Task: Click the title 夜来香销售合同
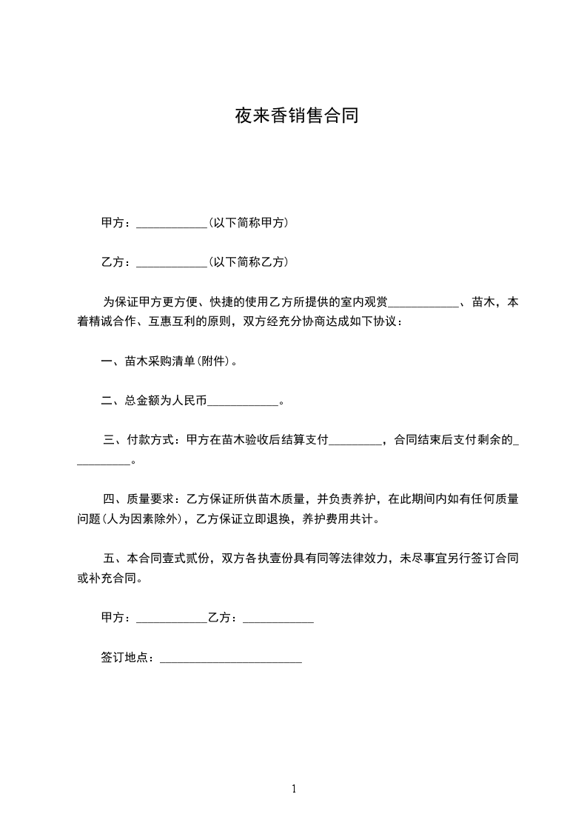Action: click(296, 116)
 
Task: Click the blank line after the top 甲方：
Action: click(172, 224)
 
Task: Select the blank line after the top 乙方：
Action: click(172, 263)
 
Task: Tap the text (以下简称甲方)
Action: click(249, 223)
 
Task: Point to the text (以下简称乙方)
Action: click(249, 262)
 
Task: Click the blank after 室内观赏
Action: click(423, 303)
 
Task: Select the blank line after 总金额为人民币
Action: click(243, 402)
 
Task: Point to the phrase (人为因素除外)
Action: click(142, 519)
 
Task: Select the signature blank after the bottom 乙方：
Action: click(278, 618)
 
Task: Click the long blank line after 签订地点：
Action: click(231, 658)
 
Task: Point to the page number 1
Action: click(294, 789)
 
